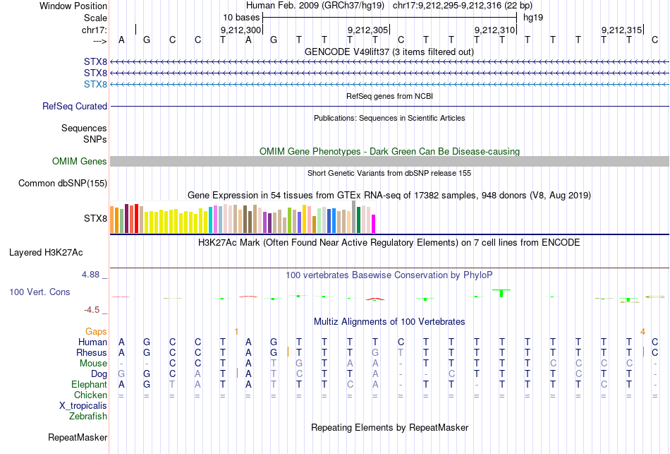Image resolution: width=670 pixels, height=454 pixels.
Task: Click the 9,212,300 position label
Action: click(x=241, y=30)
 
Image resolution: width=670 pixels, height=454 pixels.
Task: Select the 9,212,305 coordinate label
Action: click(x=368, y=30)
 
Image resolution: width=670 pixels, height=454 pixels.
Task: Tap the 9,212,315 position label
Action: click(x=622, y=30)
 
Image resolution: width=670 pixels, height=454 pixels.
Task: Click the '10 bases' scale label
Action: click(x=241, y=16)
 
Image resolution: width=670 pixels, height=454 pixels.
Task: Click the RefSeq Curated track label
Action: click(x=75, y=107)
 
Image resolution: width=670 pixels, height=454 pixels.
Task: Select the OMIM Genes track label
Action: click(x=80, y=162)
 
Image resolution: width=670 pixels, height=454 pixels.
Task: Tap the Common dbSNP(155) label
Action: click(x=63, y=184)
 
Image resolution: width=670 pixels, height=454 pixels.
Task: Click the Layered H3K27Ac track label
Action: click(x=56, y=252)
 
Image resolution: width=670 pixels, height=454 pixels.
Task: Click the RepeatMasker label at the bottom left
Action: click(x=78, y=438)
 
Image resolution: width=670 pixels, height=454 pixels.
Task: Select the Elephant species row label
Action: click(x=89, y=385)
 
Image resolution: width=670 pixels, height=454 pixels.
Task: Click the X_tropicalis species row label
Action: click(x=83, y=406)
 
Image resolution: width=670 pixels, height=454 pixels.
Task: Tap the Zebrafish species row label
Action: click(x=88, y=417)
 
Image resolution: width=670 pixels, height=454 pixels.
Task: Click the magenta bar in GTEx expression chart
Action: click(x=374, y=223)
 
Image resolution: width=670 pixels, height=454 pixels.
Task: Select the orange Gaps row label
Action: click(x=96, y=331)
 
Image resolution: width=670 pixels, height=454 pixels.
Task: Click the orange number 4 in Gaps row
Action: click(x=642, y=331)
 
